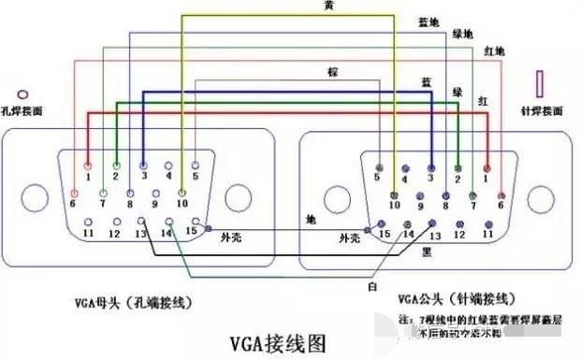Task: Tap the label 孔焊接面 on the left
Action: (24, 110)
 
